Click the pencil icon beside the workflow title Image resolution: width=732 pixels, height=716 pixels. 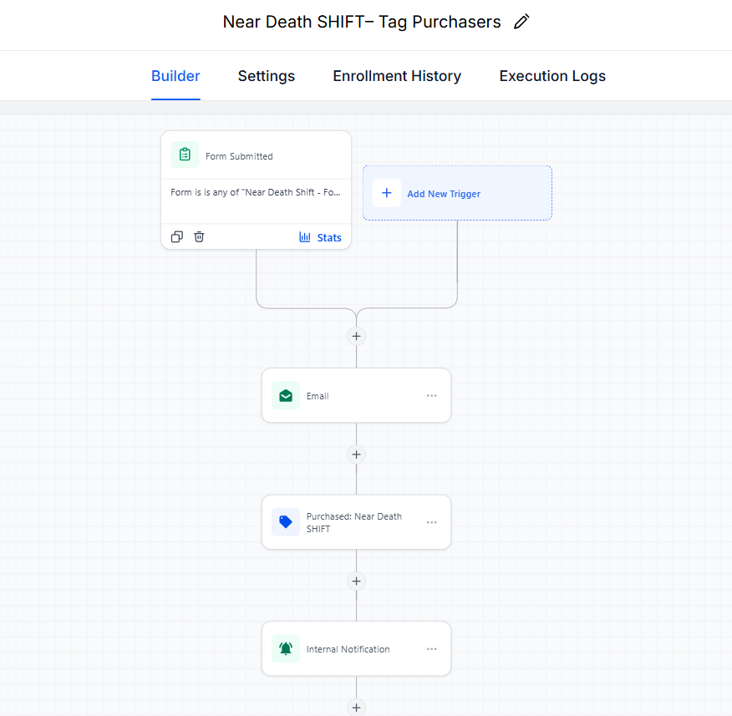(x=521, y=22)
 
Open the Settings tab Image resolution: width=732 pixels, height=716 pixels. (x=266, y=76)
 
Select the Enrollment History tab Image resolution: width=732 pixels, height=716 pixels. (x=397, y=76)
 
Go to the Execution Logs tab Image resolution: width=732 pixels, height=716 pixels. (x=552, y=76)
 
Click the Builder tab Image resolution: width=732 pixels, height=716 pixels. (x=175, y=76)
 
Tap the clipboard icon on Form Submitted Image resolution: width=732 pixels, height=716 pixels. (x=185, y=155)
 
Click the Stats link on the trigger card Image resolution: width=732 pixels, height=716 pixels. (x=320, y=237)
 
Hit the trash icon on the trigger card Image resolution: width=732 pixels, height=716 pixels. (x=199, y=236)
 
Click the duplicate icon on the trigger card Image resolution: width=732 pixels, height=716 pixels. (x=177, y=236)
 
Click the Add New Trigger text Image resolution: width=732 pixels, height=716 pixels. (x=444, y=194)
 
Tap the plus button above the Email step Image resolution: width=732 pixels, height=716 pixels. (x=356, y=336)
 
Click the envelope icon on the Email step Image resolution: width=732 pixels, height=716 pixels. (x=286, y=396)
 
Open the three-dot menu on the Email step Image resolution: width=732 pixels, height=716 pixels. (x=432, y=396)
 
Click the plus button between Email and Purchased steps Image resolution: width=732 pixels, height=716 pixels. (x=356, y=454)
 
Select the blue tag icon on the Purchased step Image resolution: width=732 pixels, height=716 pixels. (x=286, y=522)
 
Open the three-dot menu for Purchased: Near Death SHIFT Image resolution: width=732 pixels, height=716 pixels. (x=432, y=522)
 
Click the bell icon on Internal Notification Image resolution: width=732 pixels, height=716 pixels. (x=286, y=649)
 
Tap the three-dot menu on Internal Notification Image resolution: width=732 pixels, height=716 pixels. (x=432, y=649)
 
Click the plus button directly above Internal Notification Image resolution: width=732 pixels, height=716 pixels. (x=356, y=581)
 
